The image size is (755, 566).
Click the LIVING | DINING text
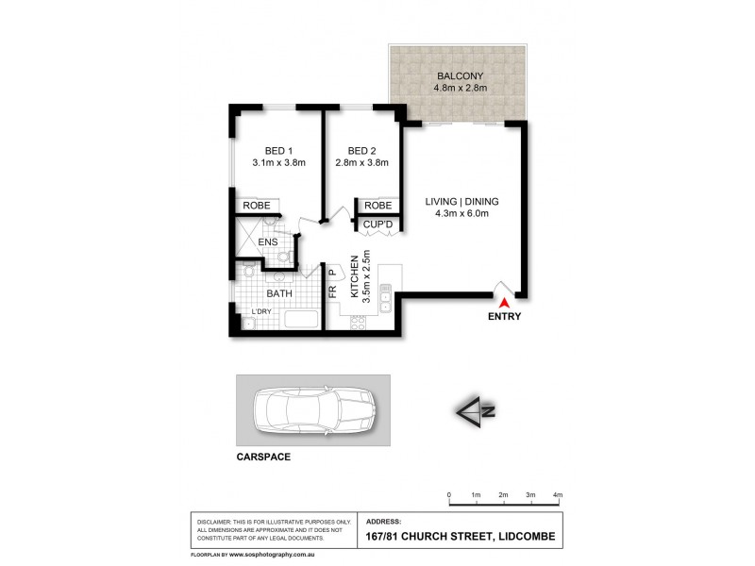coord(461,201)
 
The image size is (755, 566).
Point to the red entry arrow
coord(504,303)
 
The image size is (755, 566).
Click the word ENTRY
coord(504,317)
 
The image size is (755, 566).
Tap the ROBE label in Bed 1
coord(257,205)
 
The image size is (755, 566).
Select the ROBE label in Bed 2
coord(377,205)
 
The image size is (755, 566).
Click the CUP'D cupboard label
coord(377,225)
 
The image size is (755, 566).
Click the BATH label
coord(279,293)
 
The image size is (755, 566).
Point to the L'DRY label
coord(260,311)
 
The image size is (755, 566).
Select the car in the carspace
coord(312,410)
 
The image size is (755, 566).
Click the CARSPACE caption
coord(262,457)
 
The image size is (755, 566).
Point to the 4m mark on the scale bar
coord(558,494)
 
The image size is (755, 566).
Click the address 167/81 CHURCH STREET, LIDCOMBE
coord(460,539)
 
